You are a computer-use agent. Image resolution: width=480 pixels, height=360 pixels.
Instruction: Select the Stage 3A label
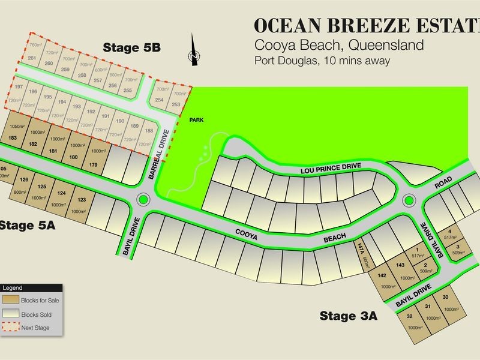[348, 316]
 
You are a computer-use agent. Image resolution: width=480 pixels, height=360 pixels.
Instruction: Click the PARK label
[196, 120]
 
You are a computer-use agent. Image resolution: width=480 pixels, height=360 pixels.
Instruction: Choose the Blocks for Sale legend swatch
[11, 299]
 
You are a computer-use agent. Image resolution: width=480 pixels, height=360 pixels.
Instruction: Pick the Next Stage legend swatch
[11, 328]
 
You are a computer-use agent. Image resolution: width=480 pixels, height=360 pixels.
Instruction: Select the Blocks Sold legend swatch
[11, 313]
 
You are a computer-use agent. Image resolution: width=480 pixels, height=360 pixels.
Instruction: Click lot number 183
[13, 138]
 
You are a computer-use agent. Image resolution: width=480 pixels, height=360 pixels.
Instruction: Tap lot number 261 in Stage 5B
[32, 58]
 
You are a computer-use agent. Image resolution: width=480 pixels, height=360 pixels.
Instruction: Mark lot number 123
[82, 200]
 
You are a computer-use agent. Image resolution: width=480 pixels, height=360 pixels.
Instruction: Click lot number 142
[382, 275]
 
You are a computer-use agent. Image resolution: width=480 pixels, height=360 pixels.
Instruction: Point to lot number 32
[410, 316]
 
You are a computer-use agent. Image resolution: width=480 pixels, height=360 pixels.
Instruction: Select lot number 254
[159, 100]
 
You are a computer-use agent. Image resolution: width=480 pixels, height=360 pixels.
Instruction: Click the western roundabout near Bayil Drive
[143, 199]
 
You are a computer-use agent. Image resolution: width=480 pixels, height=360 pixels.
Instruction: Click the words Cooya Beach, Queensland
[340, 45]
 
